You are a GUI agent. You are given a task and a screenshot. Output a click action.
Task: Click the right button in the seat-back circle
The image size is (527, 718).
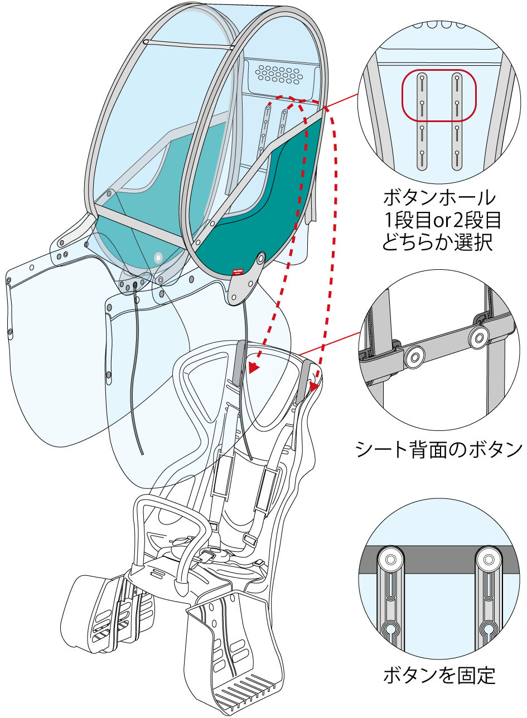tap(478, 337)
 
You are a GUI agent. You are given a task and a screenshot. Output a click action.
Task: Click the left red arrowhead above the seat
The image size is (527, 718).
tap(254, 368)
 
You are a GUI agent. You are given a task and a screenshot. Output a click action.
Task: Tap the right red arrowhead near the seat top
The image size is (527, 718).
tap(315, 385)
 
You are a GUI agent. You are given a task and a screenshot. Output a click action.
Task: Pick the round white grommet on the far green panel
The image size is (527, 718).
tap(158, 258)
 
